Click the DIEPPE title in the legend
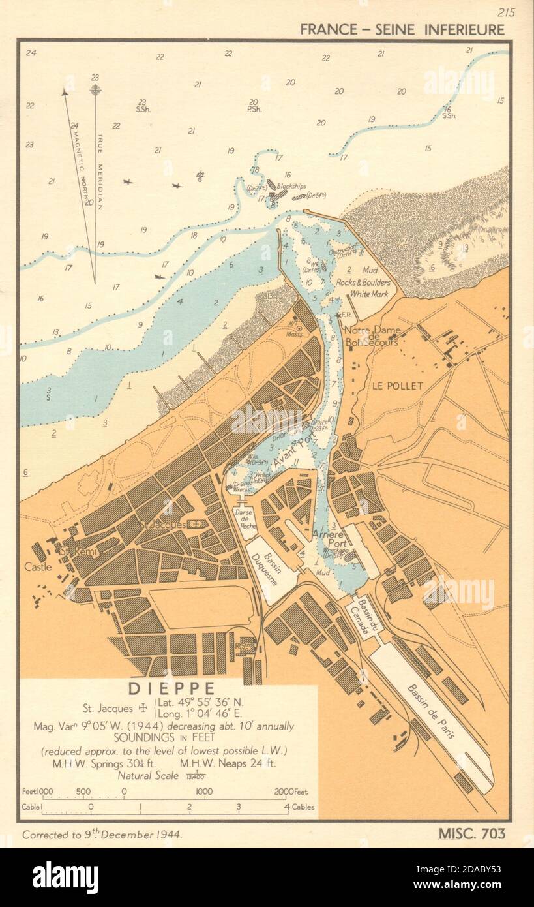(171, 689)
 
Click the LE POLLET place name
(398, 386)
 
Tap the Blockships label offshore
(291, 186)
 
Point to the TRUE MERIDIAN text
(100, 171)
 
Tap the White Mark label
(370, 294)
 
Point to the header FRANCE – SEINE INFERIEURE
(402, 29)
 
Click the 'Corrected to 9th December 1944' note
(102, 835)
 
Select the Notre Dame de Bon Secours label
(372, 335)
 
